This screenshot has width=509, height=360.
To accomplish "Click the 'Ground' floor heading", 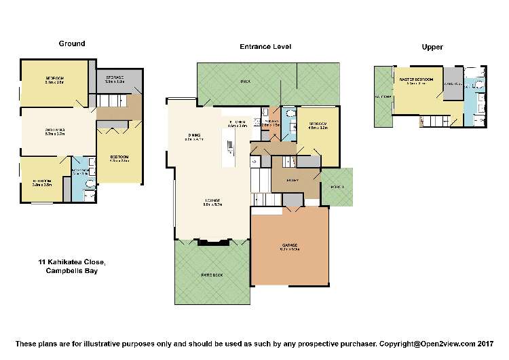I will [71, 43].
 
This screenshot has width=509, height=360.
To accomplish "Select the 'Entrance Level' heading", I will [265, 47].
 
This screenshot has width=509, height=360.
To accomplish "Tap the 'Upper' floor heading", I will [432, 47].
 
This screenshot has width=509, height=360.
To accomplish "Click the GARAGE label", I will [289, 247].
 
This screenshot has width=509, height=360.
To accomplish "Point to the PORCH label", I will [337, 187].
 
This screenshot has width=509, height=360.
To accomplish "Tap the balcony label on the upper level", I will [382, 97].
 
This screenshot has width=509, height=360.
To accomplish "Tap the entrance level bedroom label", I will [318, 125].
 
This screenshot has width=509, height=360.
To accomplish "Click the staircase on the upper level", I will [430, 121].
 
